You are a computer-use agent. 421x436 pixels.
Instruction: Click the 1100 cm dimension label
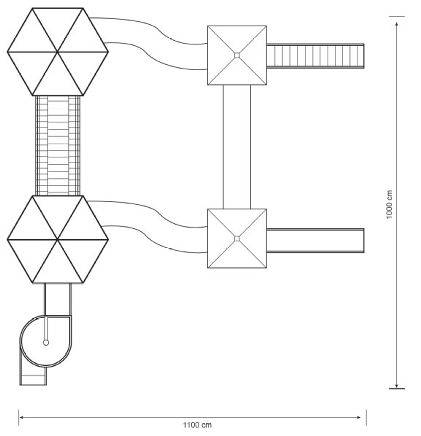pyautogui.click(x=197, y=425)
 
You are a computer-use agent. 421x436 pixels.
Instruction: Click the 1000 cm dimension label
pyautogui.click(x=389, y=204)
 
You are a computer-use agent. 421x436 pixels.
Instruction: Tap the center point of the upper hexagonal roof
pyautogui.click(x=58, y=52)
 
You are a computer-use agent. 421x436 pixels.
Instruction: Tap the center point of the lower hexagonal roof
pyautogui.click(x=58, y=239)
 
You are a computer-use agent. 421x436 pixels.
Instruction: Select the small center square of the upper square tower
pyautogui.click(x=237, y=55)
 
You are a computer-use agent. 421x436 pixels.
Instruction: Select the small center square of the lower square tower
pyautogui.click(x=237, y=238)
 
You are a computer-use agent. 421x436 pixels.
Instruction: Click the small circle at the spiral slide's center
pyautogui.click(x=46, y=343)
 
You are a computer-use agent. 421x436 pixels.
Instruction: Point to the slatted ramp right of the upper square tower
pyautogui.click(x=315, y=55)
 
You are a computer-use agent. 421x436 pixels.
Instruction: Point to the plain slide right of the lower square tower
pyautogui.click(x=315, y=241)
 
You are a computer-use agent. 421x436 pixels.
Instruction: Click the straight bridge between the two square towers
pyautogui.click(x=237, y=147)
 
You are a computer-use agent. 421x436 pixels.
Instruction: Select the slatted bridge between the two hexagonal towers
pyautogui.click(x=58, y=146)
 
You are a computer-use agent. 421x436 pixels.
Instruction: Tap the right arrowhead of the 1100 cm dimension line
pyautogui.click(x=359, y=417)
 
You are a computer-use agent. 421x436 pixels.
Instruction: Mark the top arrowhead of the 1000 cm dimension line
pyautogui.click(x=396, y=23)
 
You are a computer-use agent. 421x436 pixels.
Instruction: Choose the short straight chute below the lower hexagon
pyautogui.click(x=58, y=300)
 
